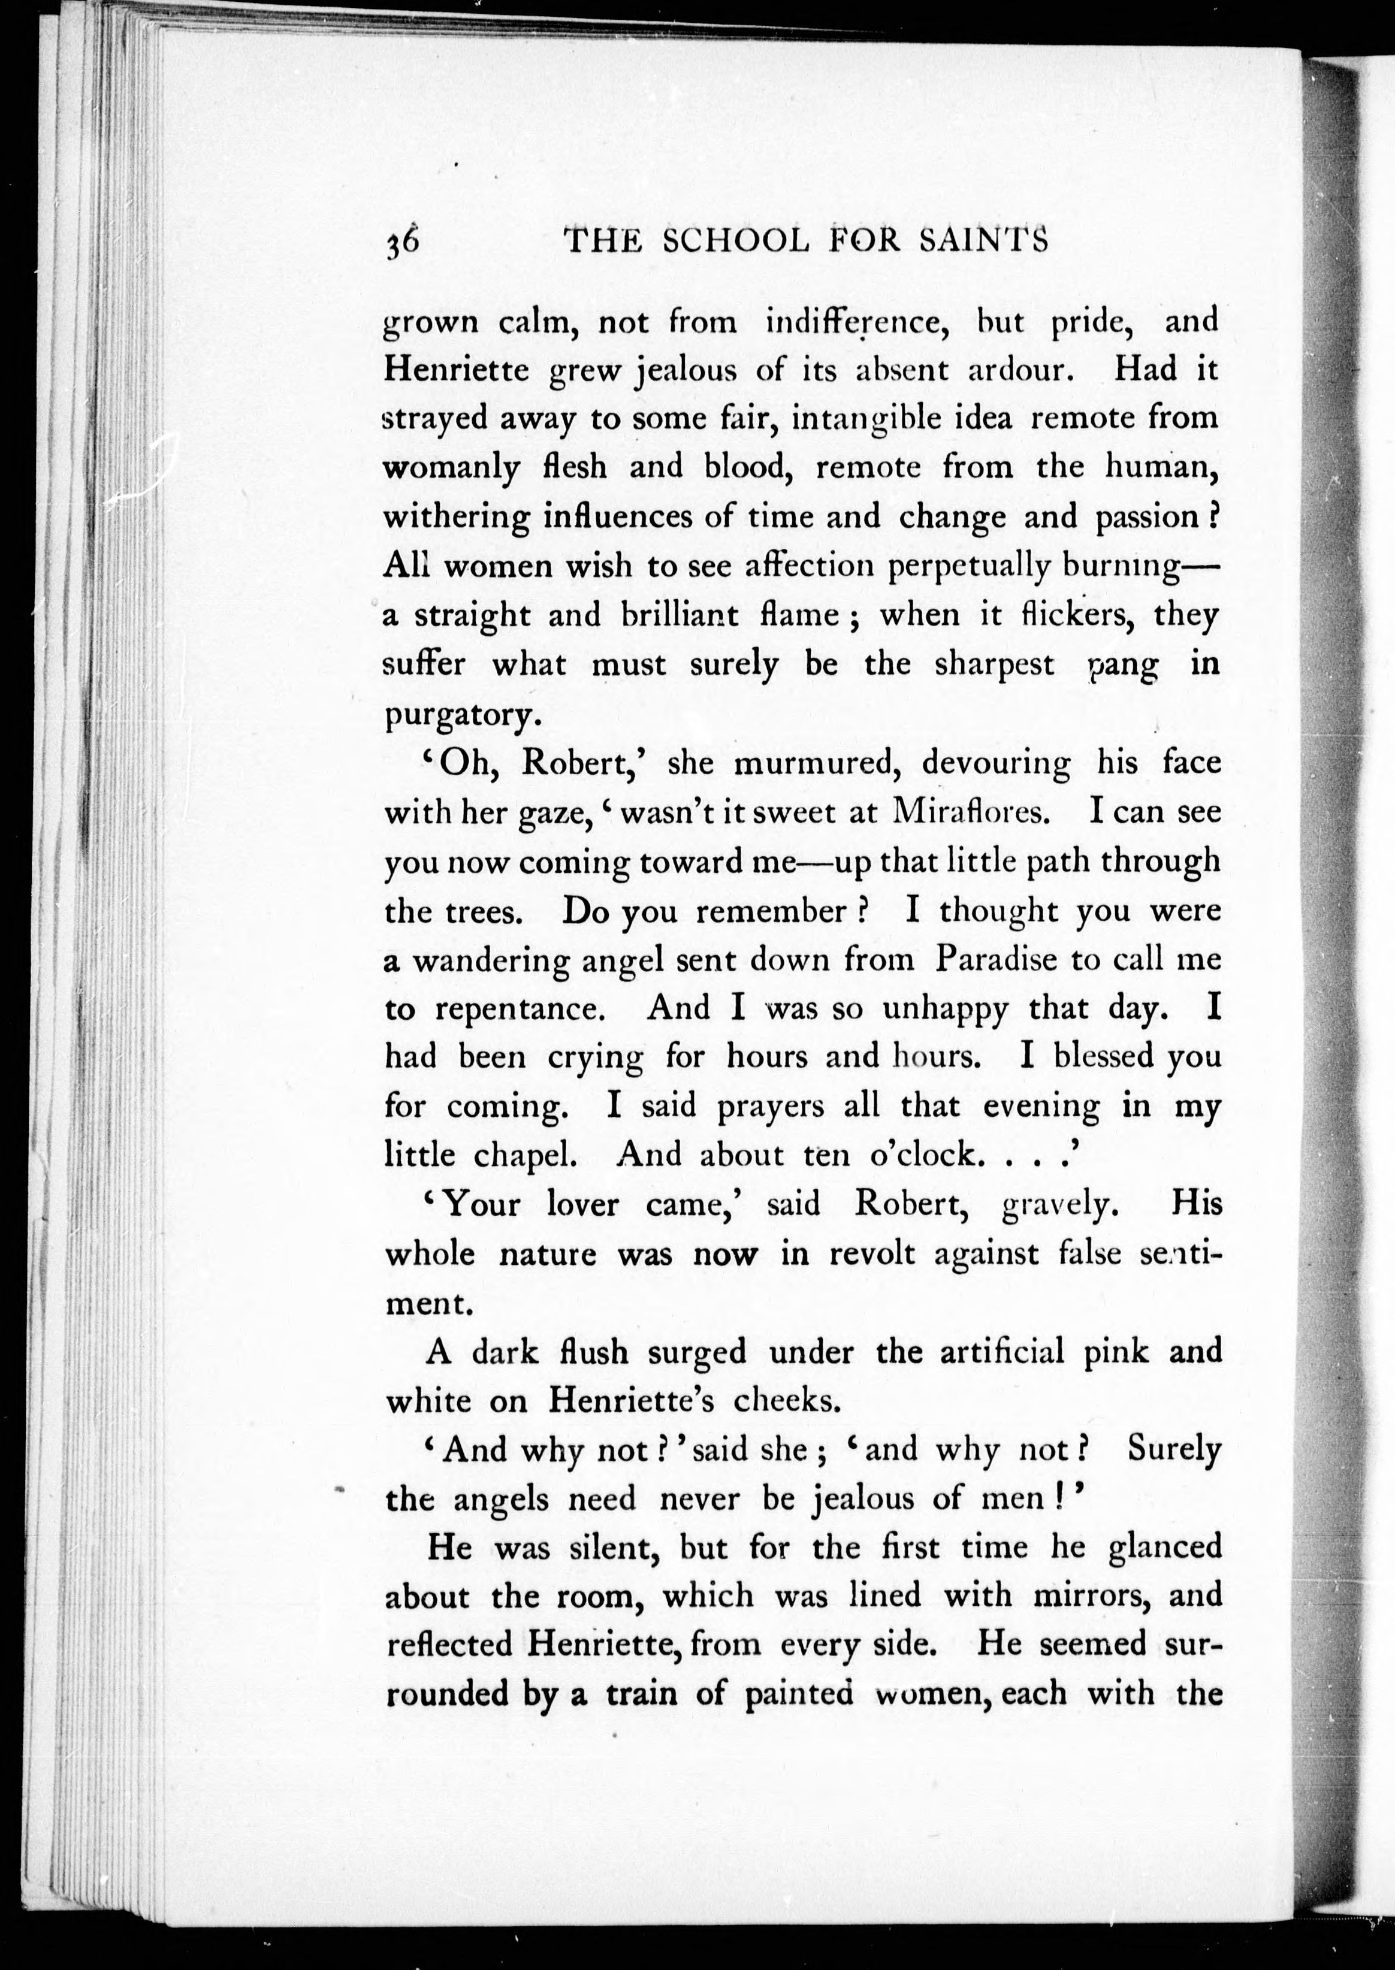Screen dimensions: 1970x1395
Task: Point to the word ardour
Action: [x=1017, y=370]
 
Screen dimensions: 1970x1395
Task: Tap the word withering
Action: [x=456, y=518]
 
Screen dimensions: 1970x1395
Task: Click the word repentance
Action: [x=520, y=1009]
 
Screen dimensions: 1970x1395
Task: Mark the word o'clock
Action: [x=923, y=1156]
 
